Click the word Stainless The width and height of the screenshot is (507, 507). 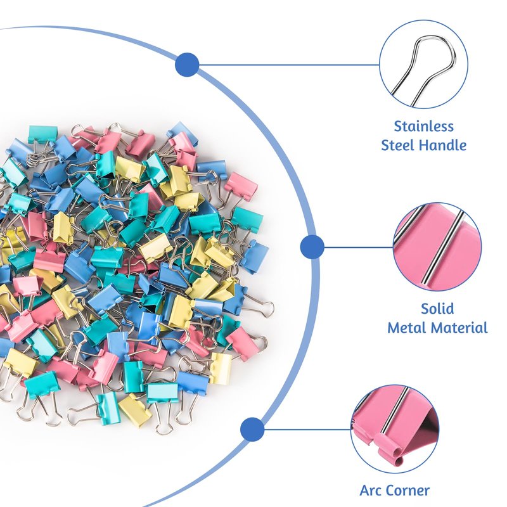pyautogui.click(x=423, y=126)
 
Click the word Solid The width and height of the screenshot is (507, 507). pyautogui.click(x=437, y=309)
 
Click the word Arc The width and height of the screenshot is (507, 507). pyautogui.click(x=372, y=490)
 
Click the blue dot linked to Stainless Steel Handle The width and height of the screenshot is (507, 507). pyautogui.click(x=187, y=65)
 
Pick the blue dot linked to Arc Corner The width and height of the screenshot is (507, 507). pyautogui.click(x=253, y=429)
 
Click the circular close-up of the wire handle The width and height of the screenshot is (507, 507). pyautogui.click(x=423, y=64)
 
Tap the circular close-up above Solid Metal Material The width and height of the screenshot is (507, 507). pyautogui.click(x=437, y=247)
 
